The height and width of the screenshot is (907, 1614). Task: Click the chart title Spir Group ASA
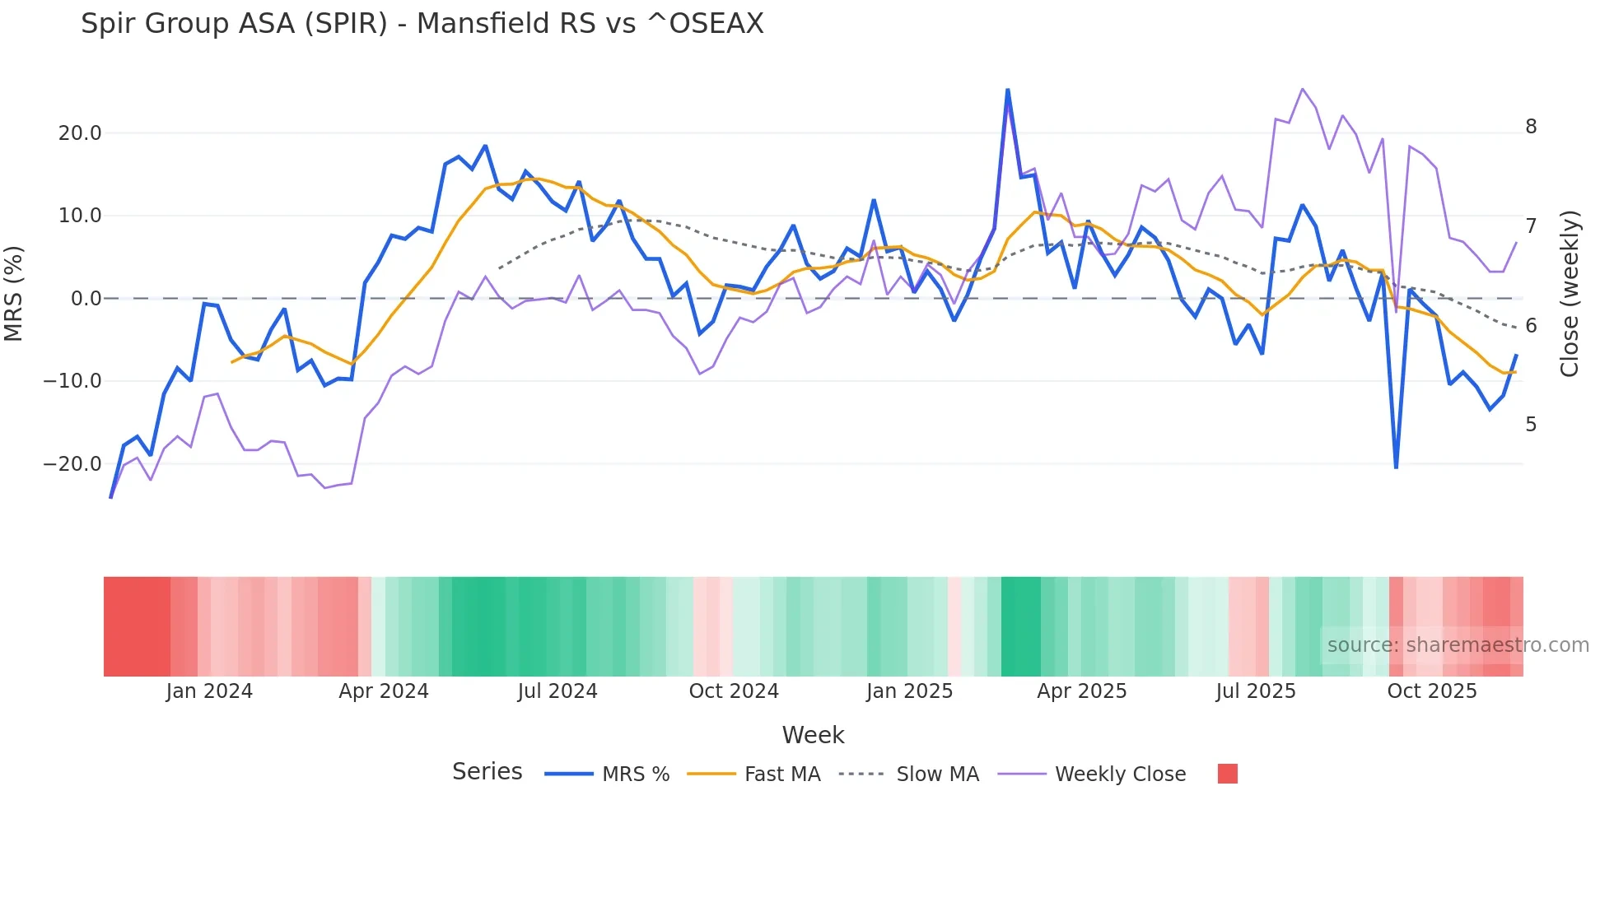coord(422,24)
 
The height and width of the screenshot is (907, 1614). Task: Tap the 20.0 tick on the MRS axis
coord(80,133)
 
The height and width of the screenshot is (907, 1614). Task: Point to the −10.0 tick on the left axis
coord(73,381)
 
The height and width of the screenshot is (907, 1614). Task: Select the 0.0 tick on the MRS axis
coord(86,299)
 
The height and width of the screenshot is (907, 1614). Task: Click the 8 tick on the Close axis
coord(1531,127)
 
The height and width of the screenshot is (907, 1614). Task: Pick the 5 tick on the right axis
coord(1531,425)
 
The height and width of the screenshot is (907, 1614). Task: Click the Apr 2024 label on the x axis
coord(384,691)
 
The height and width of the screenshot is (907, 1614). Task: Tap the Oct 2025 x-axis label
coord(1432,691)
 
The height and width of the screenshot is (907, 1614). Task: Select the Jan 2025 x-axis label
coord(909,691)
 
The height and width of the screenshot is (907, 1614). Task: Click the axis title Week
coord(813,735)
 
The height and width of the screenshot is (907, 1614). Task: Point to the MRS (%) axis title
coord(14,294)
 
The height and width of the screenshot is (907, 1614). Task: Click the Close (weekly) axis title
coord(1570,294)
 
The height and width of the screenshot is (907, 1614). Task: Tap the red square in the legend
coord(1227,774)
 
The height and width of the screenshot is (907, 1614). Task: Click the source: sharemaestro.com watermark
coord(1458,645)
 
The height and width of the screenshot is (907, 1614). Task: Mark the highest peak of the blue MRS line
coord(1008,90)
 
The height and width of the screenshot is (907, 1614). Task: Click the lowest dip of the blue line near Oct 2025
coord(1396,467)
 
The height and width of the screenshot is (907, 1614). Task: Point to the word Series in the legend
coord(487,772)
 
